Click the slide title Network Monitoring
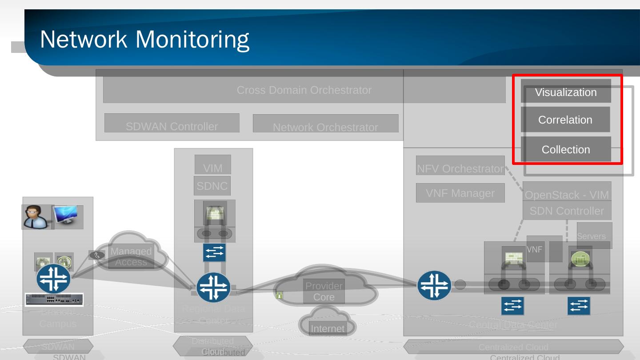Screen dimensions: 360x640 coord(144,39)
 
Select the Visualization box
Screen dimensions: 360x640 coord(565,92)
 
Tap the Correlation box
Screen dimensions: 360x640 coord(565,120)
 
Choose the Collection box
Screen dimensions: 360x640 coord(565,149)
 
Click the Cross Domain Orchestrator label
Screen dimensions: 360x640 coord(304,90)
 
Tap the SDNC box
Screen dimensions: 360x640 coord(212,186)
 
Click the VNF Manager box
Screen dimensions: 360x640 coord(460,193)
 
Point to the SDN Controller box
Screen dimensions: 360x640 coord(567,211)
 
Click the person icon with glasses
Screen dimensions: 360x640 coord(36,216)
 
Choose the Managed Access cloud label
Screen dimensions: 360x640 coord(131,256)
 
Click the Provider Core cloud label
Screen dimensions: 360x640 coord(324,292)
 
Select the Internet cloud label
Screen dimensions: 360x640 coord(328,328)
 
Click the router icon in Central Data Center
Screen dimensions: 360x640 coord(434,286)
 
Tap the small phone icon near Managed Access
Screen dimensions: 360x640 coord(97,255)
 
